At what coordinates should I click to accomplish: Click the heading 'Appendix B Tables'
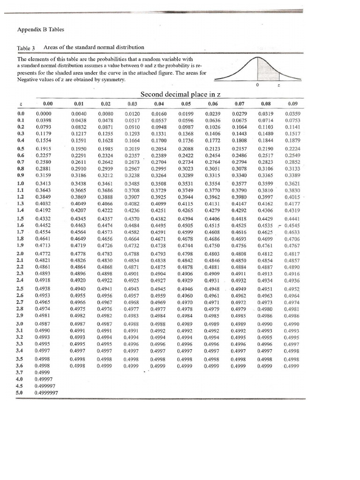pyautogui.click(x=40, y=30)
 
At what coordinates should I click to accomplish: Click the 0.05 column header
pyautogui.click(x=187, y=104)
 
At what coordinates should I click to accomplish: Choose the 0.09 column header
pyautogui.click(x=292, y=104)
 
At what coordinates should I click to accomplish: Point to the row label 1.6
pyautogui.click(x=21, y=225)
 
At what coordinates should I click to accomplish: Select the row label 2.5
pyautogui.click(x=21, y=289)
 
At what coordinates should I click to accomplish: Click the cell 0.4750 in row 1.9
pyautogui.click(x=213, y=245)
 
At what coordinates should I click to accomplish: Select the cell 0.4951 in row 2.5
pyautogui.click(x=266, y=289)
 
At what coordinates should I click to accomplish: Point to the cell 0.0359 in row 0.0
pyautogui.click(x=292, y=113)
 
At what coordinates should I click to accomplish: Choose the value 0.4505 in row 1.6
pyautogui.click(x=187, y=225)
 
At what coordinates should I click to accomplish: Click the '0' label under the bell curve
pyautogui.click(x=257, y=85)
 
